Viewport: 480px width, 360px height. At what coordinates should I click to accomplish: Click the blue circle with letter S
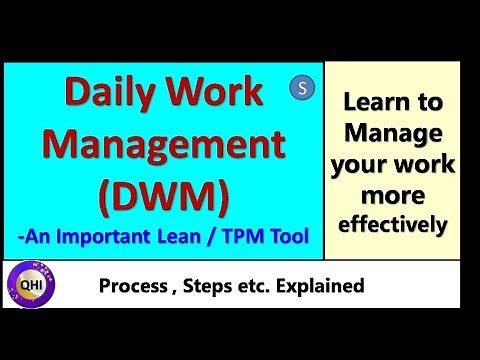click(x=302, y=87)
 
